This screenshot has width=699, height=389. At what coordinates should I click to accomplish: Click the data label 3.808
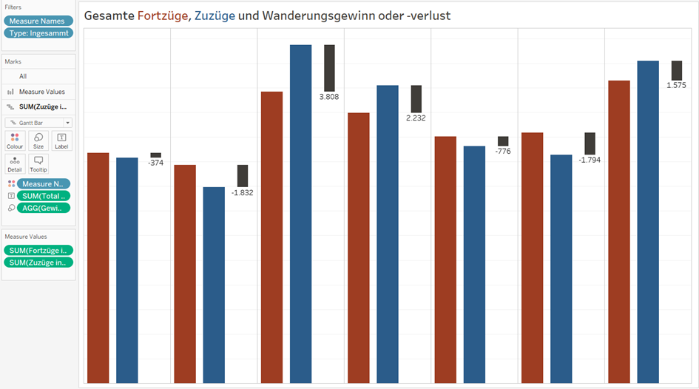(x=329, y=97)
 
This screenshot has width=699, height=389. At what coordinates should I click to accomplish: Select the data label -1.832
(x=243, y=192)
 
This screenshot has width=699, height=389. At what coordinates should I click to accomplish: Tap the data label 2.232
(x=416, y=118)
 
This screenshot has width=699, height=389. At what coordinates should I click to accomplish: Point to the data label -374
(x=155, y=163)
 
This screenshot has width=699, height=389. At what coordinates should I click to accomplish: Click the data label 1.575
(x=676, y=85)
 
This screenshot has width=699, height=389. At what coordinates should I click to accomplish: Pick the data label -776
(x=503, y=151)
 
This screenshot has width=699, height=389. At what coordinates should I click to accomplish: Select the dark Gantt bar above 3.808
(x=329, y=68)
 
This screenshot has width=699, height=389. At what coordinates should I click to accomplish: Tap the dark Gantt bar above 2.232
(x=416, y=98)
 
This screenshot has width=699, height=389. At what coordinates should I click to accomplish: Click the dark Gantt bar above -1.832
(x=243, y=175)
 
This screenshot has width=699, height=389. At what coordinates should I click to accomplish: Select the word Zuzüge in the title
(x=215, y=15)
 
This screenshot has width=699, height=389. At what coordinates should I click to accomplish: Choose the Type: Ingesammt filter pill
(x=38, y=33)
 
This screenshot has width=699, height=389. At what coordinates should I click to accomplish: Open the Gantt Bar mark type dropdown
(x=38, y=123)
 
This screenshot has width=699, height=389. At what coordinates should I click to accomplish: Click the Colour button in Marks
(x=15, y=141)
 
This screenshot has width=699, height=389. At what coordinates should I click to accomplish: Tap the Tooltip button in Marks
(x=38, y=163)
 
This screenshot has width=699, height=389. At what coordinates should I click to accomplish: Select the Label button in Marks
(x=61, y=141)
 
